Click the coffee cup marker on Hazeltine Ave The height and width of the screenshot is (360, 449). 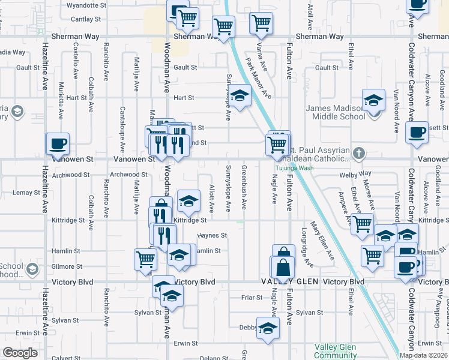pos(58,144)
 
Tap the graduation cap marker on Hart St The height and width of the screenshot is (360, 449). pos(239,96)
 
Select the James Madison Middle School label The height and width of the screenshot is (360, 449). pos(335,112)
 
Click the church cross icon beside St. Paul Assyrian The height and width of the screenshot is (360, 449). pos(358,152)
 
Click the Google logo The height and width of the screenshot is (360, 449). pos(20,353)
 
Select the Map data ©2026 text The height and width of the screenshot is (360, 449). pos(424,355)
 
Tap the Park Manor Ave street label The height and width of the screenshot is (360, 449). pos(259,78)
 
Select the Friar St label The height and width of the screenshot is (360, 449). pos(252,297)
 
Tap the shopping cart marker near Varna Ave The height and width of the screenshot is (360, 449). pos(262,23)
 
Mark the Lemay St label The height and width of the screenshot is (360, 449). pos(26,192)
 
